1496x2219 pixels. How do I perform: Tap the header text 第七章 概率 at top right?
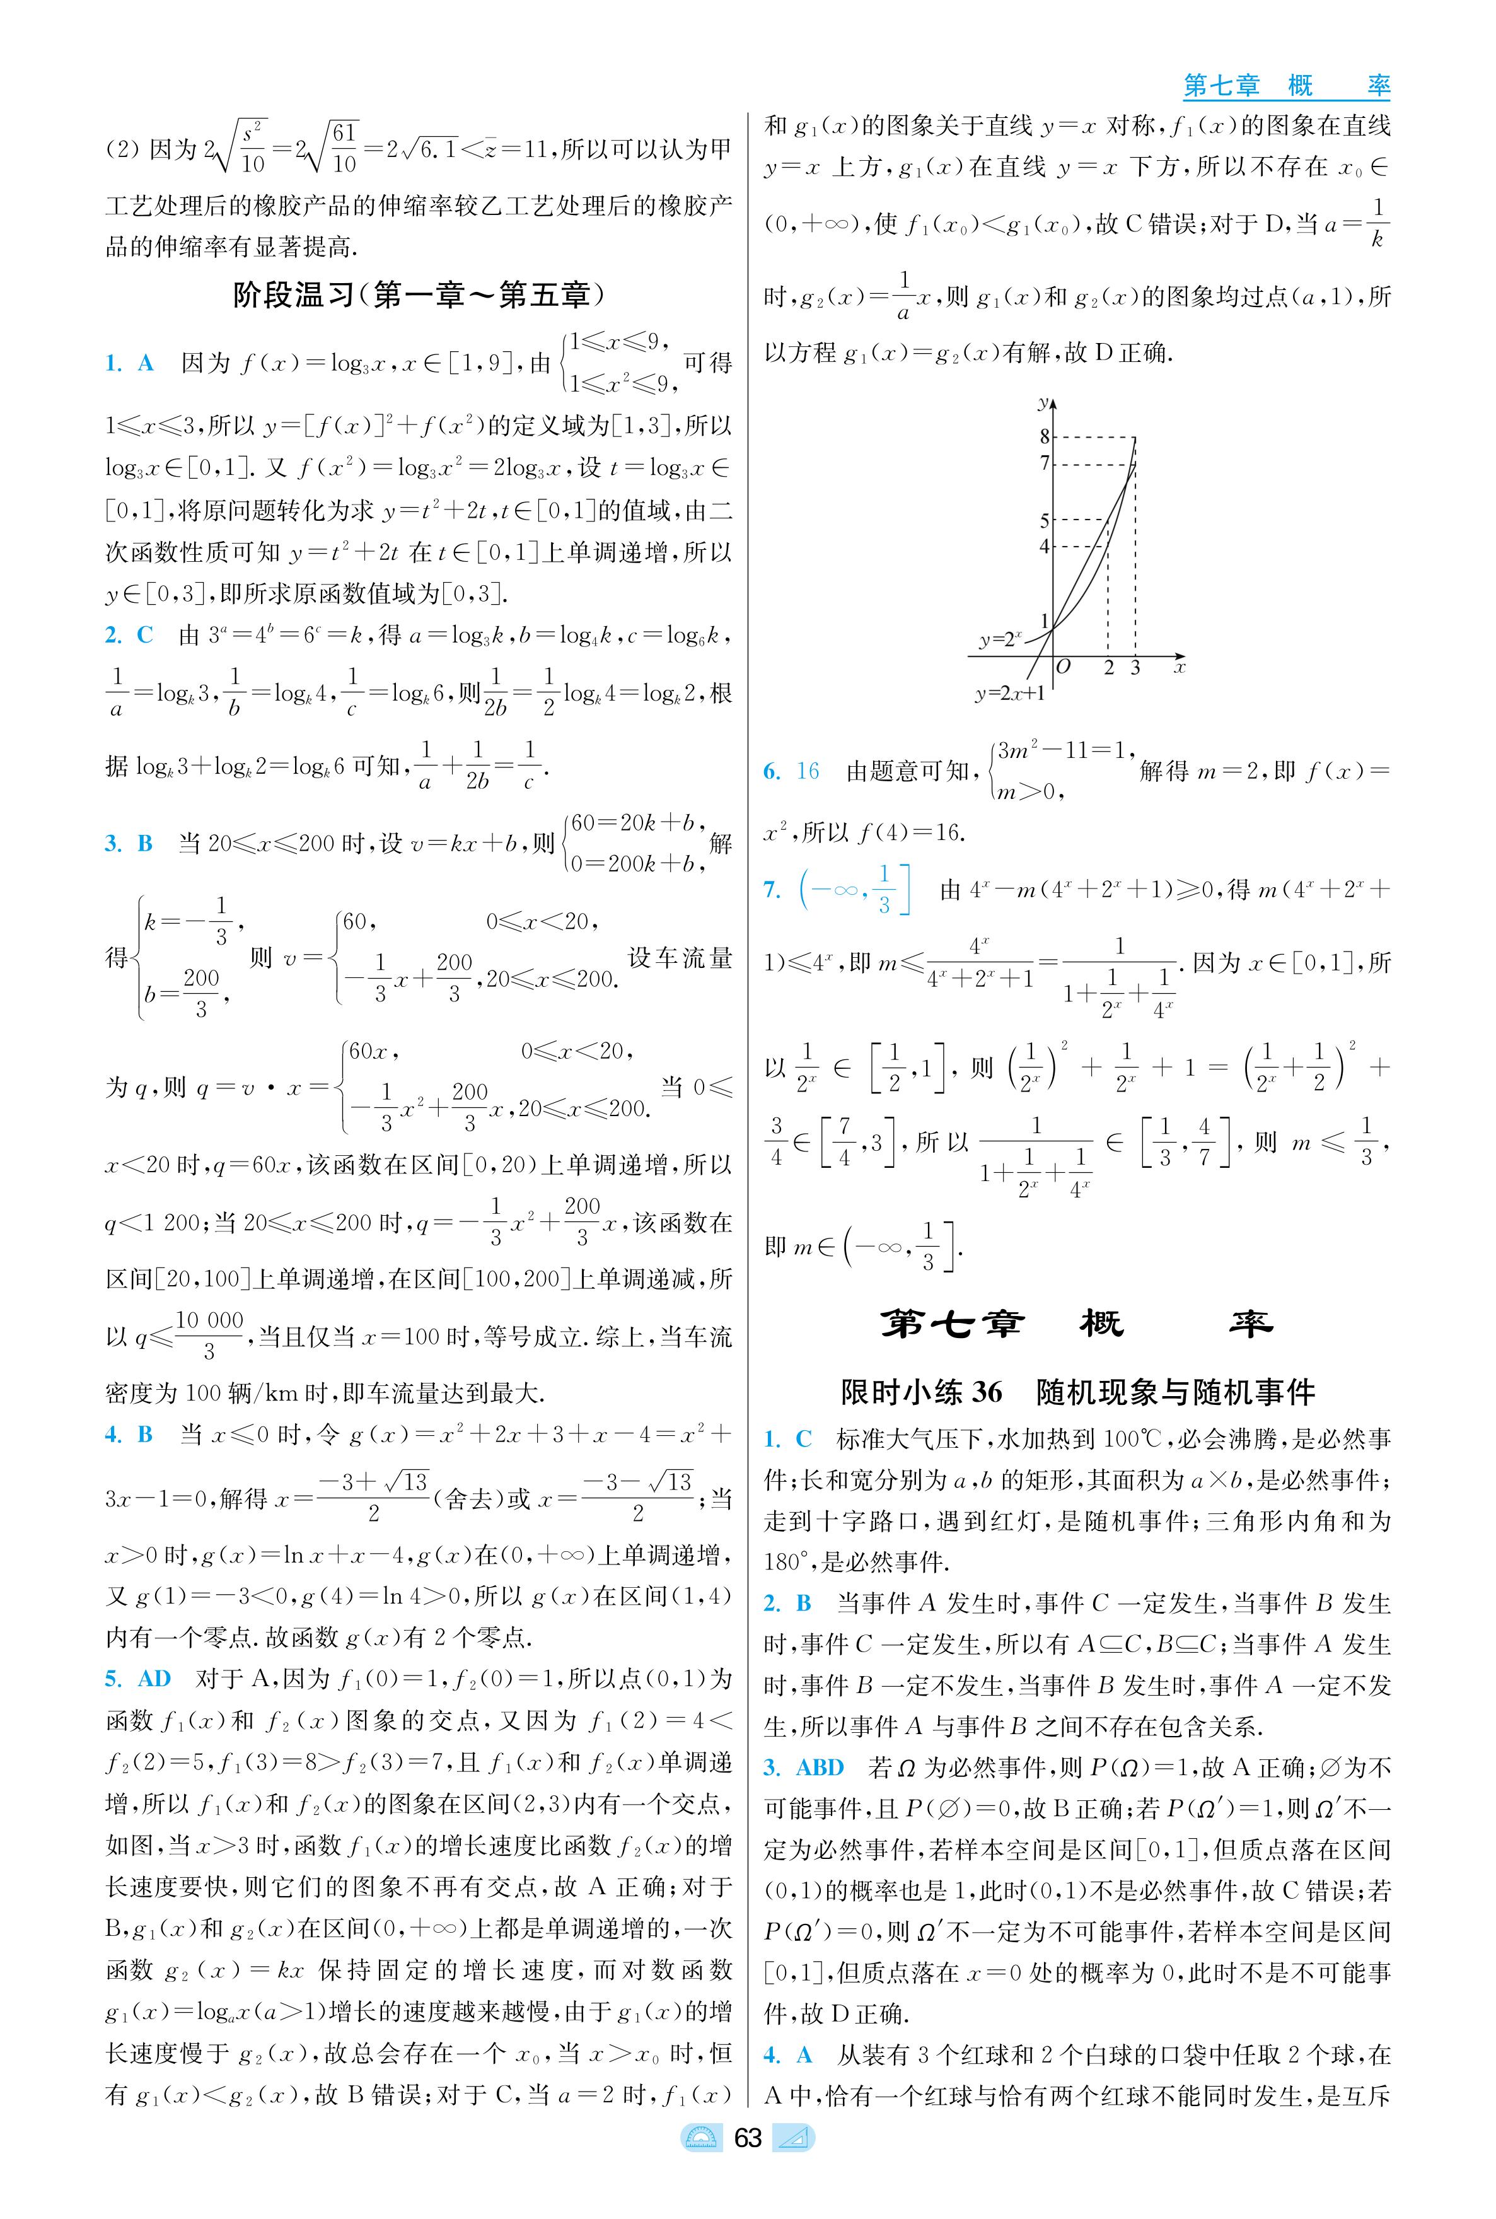pos(1285,86)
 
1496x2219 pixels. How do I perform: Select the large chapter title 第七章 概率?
pos(1076,1324)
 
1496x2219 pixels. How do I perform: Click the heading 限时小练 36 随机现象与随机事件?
pos(1077,1392)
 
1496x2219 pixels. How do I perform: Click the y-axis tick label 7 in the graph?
pos(1044,464)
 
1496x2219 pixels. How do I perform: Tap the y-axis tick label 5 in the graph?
pos(1044,520)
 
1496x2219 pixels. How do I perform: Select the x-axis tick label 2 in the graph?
pos(1109,668)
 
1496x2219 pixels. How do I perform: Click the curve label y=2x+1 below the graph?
pos(1009,694)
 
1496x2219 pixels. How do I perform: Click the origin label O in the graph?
pos(1064,667)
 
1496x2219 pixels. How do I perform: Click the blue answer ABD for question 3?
pos(820,1768)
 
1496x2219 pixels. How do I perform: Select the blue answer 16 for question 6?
pos(807,771)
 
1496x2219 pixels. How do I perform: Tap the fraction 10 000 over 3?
pos(209,1335)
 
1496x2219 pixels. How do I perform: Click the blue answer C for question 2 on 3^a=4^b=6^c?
pos(145,636)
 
